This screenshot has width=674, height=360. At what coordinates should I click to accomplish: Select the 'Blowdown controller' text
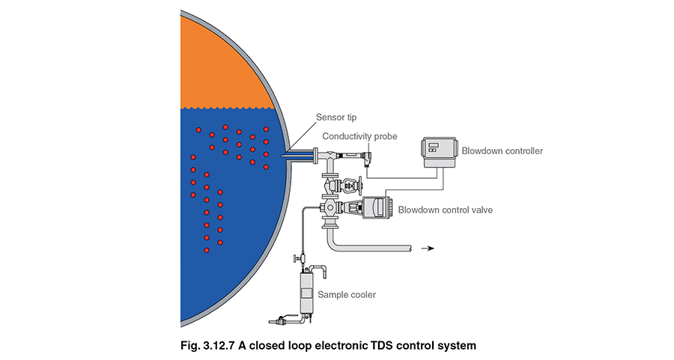(502, 150)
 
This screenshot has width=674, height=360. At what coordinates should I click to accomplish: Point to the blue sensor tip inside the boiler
(296, 156)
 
